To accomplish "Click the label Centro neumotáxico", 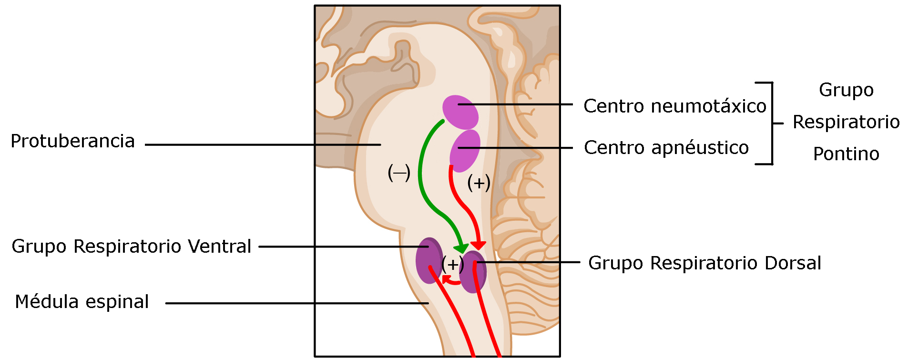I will pyautogui.click(x=674, y=106).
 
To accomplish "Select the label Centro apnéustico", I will pyautogui.click(x=666, y=148).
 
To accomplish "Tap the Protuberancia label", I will pyautogui.click(x=72, y=141).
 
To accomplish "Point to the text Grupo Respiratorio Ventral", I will pyautogui.click(x=131, y=247).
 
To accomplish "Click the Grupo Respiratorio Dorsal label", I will pyautogui.click(x=704, y=263).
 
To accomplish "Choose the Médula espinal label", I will pyautogui.click(x=82, y=302).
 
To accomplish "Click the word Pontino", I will pyautogui.click(x=846, y=154).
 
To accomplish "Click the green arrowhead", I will pyautogui.click(x=461, y=248).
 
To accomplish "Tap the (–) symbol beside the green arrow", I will pyautogui.click(x=399, y=173).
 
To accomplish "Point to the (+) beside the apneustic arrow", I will pyautogui.click(x=479, y=182).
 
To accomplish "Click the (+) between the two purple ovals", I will pyautogui.click(x=452, y=264).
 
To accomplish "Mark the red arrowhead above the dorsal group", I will pyautogui.click(x=478, y=245).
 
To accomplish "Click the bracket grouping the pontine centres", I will pyautogui.click(x=772, y=123).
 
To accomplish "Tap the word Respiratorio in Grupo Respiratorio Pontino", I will pyautogui.click(x=846, y=122).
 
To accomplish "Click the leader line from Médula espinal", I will pyautogui.click(x=296, y=303).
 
